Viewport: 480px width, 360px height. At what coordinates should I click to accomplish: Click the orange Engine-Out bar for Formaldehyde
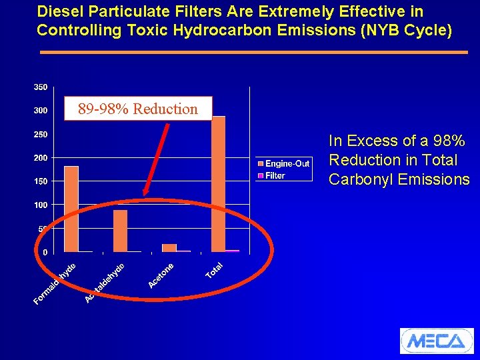[x=71, y=209]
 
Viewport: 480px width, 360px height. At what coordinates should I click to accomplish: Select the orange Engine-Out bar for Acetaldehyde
[x=120, y=231]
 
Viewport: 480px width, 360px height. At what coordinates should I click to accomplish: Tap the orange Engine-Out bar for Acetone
[x=169, y=247]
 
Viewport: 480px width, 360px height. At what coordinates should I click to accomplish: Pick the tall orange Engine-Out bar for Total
[x=218, y=184]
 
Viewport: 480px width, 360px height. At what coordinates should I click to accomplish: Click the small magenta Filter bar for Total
[x=232, y=251]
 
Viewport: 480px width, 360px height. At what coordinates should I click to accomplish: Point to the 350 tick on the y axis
[x=40, y=87]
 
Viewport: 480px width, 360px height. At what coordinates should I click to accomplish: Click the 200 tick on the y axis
[x=40, y=158]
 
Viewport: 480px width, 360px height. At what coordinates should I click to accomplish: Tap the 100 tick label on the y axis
[x=40, y=205]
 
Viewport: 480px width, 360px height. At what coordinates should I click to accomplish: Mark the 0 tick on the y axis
[x=45, y=252]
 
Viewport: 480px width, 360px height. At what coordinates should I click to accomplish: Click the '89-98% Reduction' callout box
[x=137, y=109]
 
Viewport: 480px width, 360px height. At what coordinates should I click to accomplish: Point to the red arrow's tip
[x=145, y=195]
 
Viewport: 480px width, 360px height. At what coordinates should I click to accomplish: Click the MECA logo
[x=436, y=341]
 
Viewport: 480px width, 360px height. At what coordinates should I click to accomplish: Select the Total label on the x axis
[x=214, y=271]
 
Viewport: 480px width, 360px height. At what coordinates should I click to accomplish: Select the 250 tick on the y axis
[x=40, y=135]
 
